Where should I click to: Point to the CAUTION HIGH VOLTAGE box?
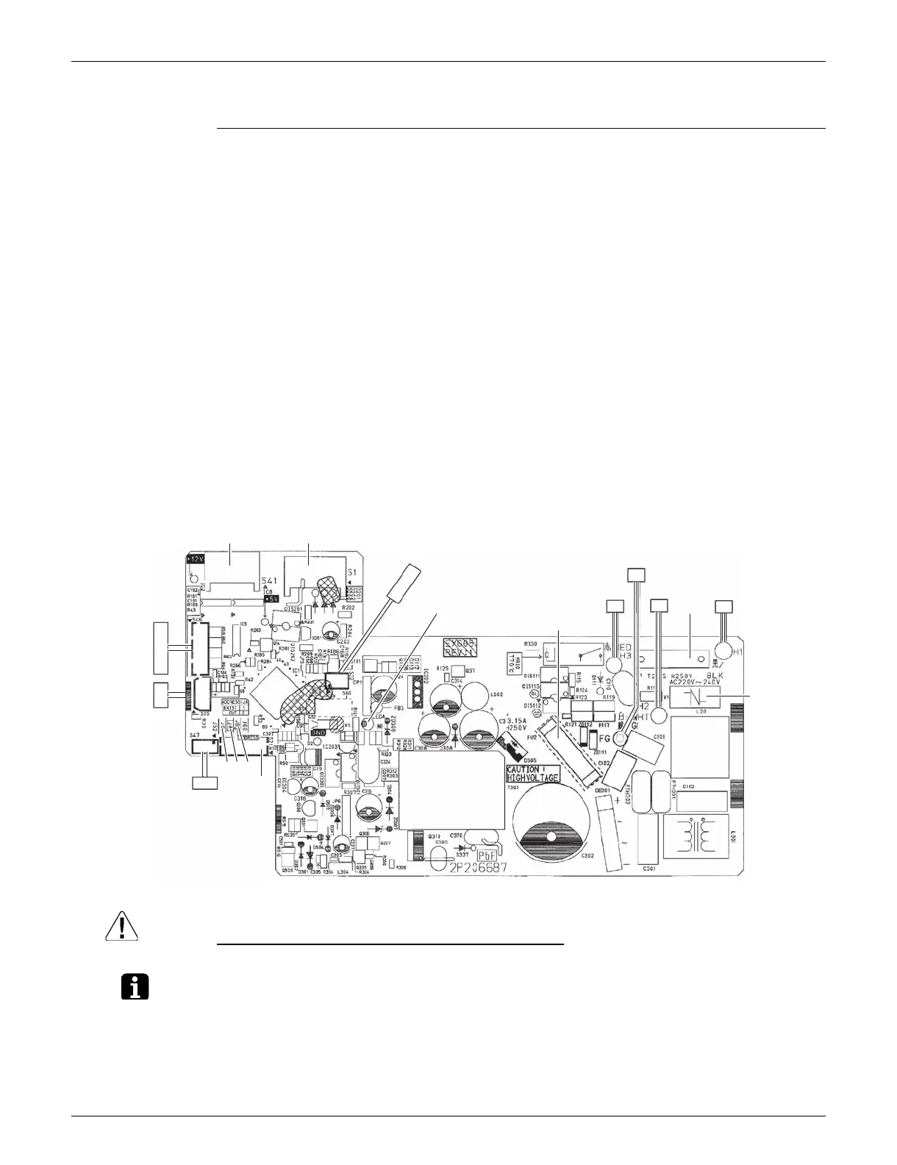[533, 773]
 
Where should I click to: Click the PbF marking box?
[490, 856]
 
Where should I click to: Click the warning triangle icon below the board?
[121, 924]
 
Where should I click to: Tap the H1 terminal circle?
[726, 650]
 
